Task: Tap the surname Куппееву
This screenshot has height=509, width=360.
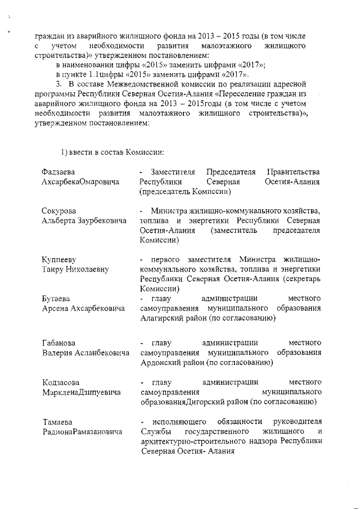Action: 59,259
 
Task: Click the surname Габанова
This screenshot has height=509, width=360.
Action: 60,343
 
